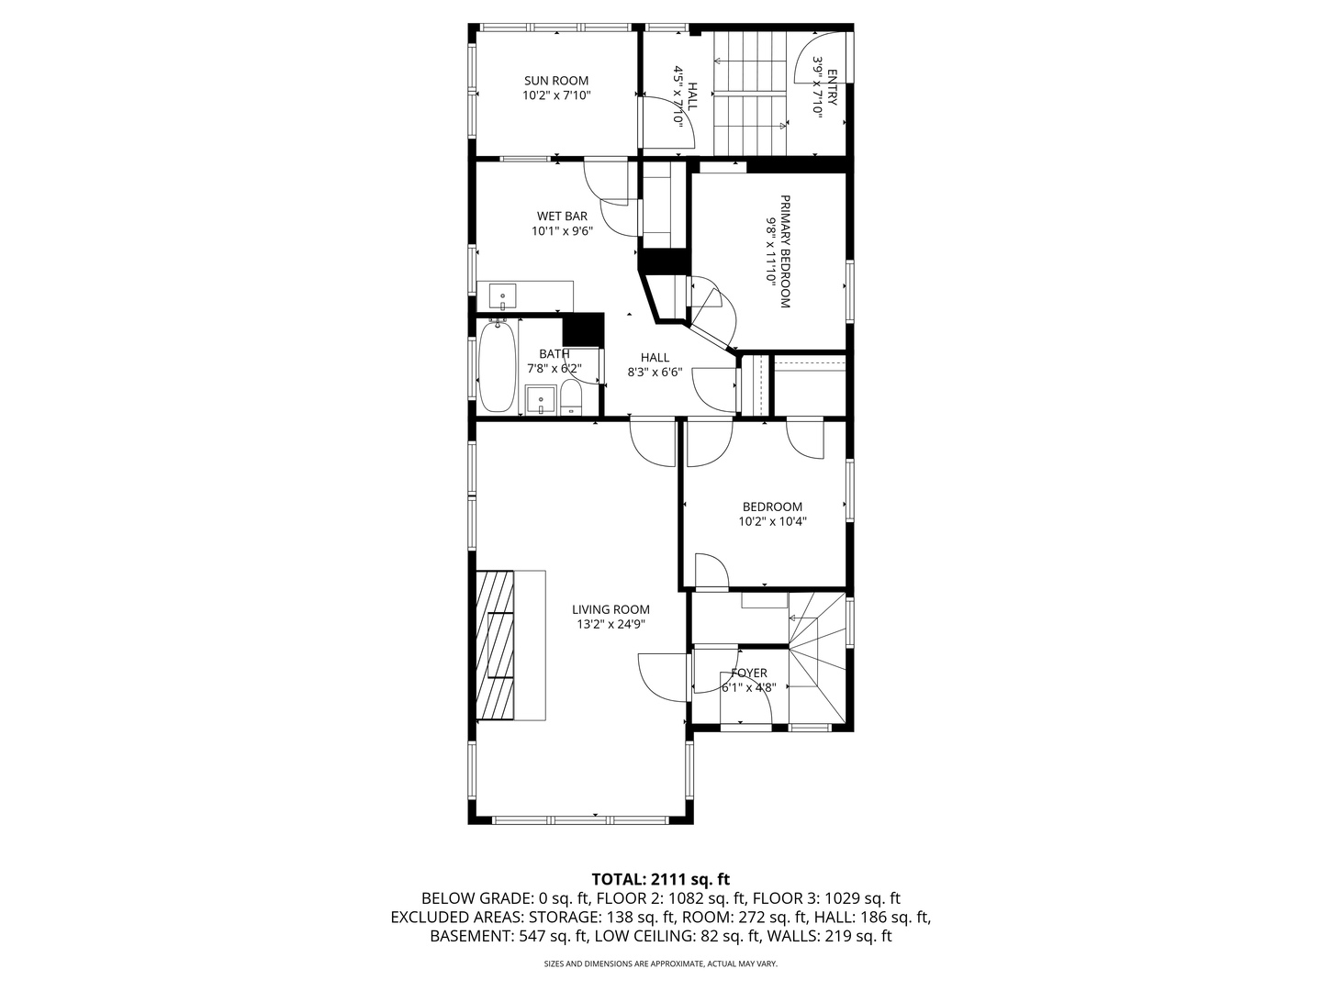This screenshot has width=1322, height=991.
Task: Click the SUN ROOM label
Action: point(555,81)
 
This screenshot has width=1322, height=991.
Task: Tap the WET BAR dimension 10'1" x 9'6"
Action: point(562,231)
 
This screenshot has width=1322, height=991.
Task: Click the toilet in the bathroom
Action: point(570,399)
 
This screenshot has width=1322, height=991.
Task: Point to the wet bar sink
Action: point(503,297)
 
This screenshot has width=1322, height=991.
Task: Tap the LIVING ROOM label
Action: point(611,609)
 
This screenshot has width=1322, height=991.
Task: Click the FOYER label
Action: point(749,673)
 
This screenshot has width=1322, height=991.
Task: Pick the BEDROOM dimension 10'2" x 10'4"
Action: point(772,521)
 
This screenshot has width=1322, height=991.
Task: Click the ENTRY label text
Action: point(832,88)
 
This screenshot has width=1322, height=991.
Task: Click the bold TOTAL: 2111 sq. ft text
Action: point(661,879)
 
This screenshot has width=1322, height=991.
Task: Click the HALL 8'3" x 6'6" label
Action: point(655,364)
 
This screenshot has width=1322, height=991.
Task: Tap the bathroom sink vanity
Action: point(540,401)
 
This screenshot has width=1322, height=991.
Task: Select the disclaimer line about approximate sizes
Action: point(661,964)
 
